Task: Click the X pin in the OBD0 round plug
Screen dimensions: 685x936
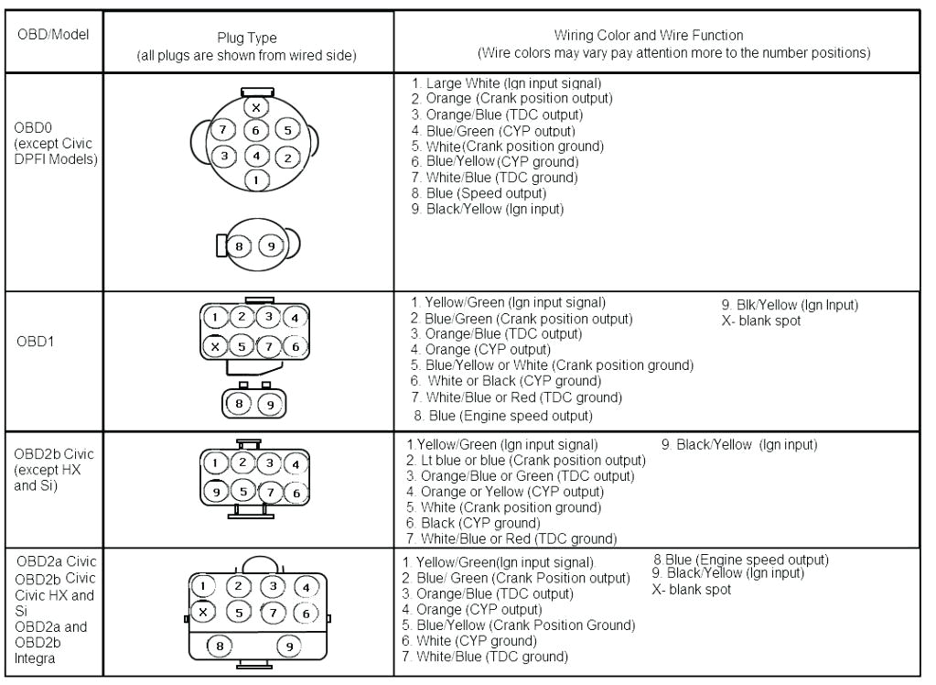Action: (x=256, y=107)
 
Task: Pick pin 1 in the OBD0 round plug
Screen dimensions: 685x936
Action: (x=257, y=180)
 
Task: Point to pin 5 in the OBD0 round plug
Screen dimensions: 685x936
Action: (x=286, y=130)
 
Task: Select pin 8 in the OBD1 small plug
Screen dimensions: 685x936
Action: (x=240, y=401)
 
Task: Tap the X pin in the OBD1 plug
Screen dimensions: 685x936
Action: (x=215, y=346)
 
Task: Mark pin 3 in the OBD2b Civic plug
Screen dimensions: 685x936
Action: (x=269, y=462)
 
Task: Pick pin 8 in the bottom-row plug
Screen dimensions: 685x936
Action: (x=220, y=645)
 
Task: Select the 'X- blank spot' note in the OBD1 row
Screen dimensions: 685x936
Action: (x=762, y=320)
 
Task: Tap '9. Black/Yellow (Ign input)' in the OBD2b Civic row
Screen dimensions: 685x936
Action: (x=738, y=445)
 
